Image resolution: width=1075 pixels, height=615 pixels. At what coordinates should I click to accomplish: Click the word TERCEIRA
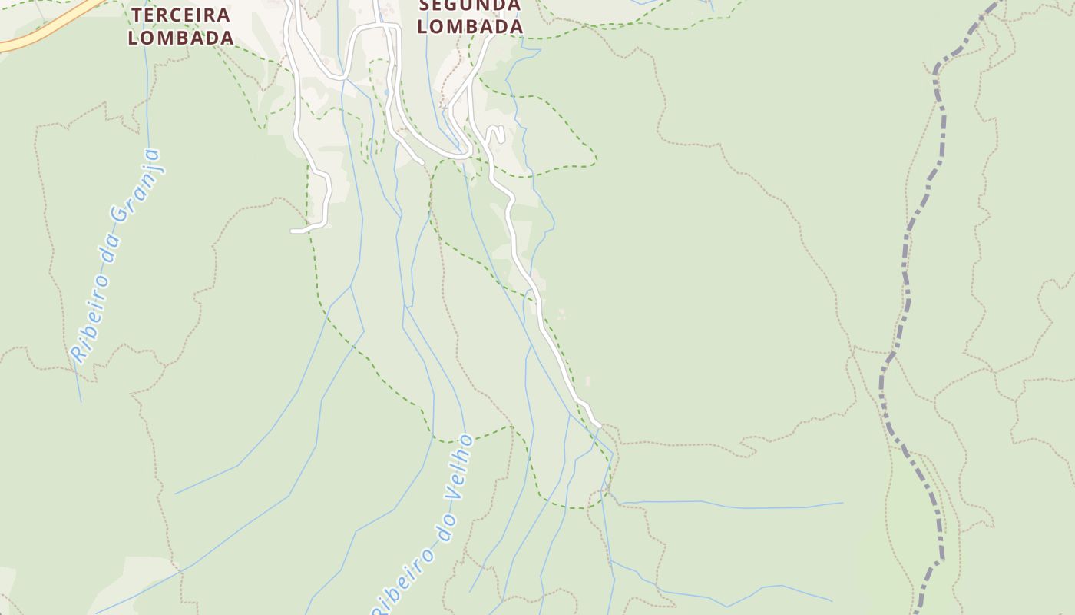coord(181,15)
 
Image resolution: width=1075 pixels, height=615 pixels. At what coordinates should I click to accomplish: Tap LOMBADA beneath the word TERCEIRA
coord(181,37)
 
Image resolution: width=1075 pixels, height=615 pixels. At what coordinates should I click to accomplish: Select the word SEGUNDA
coord(471,5)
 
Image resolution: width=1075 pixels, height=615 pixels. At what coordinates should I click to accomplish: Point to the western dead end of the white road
coord(293,231)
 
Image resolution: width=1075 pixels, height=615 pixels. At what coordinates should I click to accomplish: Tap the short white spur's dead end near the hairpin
coord(421,162)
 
